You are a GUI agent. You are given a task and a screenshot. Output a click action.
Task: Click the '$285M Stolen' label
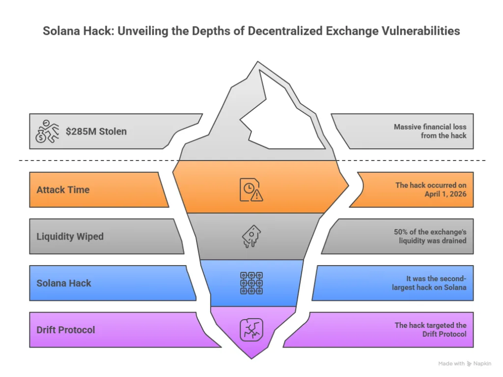pos(96,132)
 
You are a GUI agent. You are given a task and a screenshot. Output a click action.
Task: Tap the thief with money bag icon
pos(47,132)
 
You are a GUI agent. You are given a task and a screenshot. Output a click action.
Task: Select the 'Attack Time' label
pos(63,189)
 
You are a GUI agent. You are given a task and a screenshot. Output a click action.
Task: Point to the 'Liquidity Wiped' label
pos(70,236)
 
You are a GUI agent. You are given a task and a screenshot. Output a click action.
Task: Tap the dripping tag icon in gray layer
pos(251,236)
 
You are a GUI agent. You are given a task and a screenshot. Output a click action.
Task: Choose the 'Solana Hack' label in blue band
pos(64,283)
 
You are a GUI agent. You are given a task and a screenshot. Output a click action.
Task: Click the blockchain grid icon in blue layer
pos(251,283)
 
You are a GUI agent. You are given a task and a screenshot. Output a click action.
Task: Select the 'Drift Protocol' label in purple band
pos(66,330)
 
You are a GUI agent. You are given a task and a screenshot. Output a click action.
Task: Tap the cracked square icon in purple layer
pos(251,329)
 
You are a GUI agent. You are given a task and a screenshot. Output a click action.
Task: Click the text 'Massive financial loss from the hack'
pos(430,131)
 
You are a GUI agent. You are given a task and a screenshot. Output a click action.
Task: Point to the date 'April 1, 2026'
pos(446,194)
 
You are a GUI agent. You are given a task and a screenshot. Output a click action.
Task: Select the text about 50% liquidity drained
pos(430,236)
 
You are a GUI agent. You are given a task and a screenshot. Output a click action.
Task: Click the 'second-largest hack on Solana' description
pos(430,283)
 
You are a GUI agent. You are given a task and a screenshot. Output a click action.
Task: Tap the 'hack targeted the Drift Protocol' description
pos(430,329)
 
